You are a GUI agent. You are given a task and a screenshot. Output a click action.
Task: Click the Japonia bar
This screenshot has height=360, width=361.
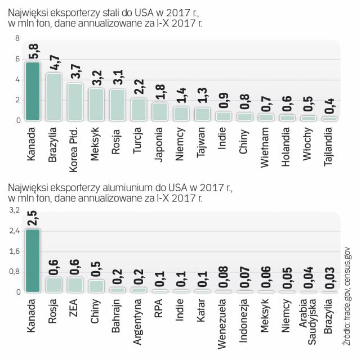tap(160, 111)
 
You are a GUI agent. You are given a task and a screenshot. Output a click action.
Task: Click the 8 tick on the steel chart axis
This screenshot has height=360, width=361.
tap(17, 38)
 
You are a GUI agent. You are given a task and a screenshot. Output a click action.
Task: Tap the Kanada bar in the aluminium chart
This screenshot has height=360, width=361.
tap(33, 260)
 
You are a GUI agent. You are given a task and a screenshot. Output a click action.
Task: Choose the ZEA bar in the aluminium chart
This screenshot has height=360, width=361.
tap(75, 284)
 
